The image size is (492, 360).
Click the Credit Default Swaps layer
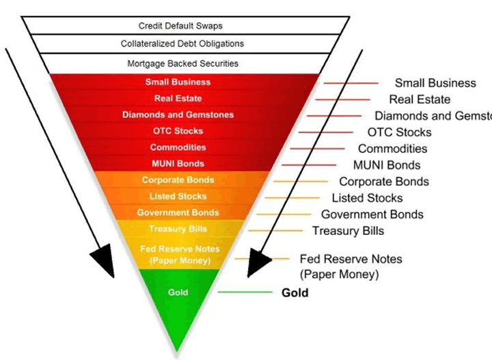(x=180, y=26)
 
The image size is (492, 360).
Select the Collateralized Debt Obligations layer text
(x=182, y=44)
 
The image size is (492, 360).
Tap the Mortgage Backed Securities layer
(x=182, y=64)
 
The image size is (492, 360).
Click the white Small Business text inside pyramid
(x=178, y=82)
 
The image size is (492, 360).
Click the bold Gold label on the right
(x=295, y=293)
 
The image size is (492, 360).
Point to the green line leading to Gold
(x=245, y=292)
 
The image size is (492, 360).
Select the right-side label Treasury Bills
(x=348, y=231)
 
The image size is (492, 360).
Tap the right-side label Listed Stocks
(x=367, y=198)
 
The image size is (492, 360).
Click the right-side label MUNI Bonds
(x=386, y=165)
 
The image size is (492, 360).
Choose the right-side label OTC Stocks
(x=399, y=132)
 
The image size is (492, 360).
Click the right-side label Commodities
(x=392, y=149)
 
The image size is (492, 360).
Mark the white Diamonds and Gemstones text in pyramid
(x=178, y=115)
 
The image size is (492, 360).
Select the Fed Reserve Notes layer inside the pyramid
(x=175, y=254)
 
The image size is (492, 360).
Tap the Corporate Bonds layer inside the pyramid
(x=178, y=180)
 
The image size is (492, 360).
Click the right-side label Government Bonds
(x=372, y=214)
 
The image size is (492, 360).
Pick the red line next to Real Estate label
(x=342, y=100)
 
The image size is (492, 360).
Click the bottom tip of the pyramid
(x=178, y=350)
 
